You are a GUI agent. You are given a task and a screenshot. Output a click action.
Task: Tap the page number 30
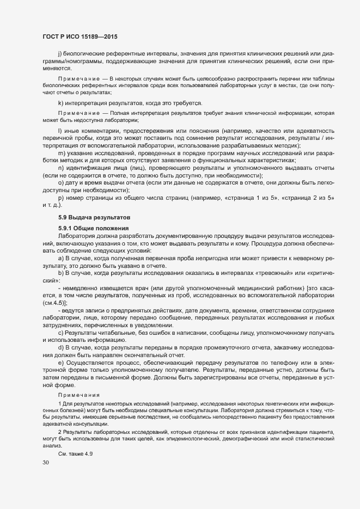[x=45, y=463]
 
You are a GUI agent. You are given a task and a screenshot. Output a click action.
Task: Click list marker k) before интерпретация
[x=60, y=103]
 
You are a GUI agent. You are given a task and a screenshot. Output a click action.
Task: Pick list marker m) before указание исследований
[x=61, y=154]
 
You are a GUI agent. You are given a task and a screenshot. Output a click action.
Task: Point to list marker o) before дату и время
[x=60, y=182]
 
